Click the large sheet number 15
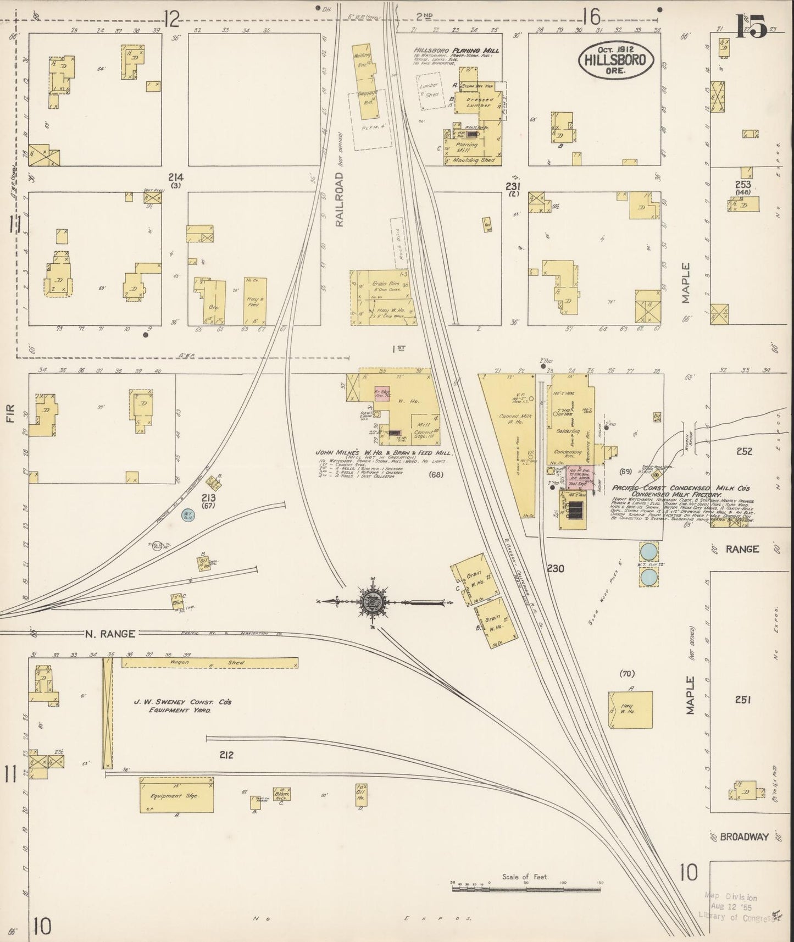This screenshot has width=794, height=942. (751, 27)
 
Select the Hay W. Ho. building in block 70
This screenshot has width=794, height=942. (630, 709)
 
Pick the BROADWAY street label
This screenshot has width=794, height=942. (743, 837)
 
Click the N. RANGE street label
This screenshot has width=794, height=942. (110, 634)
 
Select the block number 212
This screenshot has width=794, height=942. (226, 755)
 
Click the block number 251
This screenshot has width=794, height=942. (742, 700)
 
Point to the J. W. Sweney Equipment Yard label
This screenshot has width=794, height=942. (173, 706)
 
